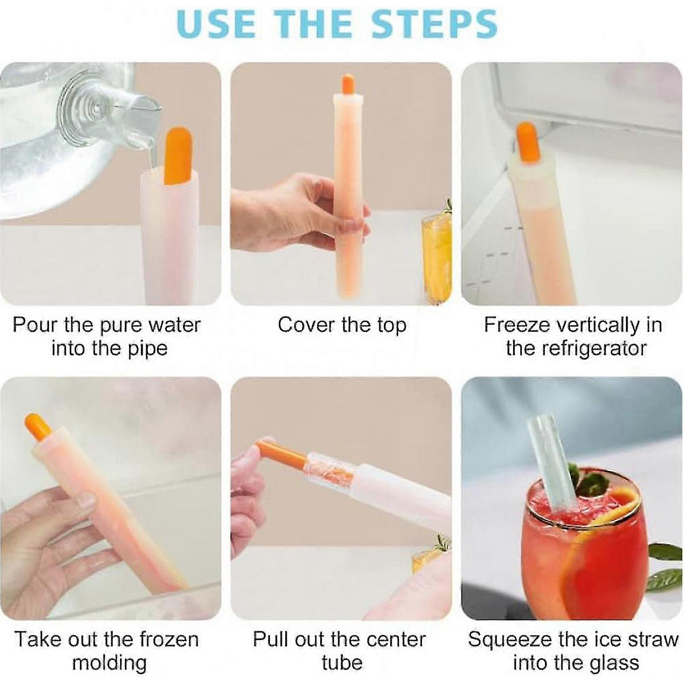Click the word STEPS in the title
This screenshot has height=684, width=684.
(434, 24)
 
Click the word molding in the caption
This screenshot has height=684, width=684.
(109, 663)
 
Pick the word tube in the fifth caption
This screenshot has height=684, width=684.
(342, 663)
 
